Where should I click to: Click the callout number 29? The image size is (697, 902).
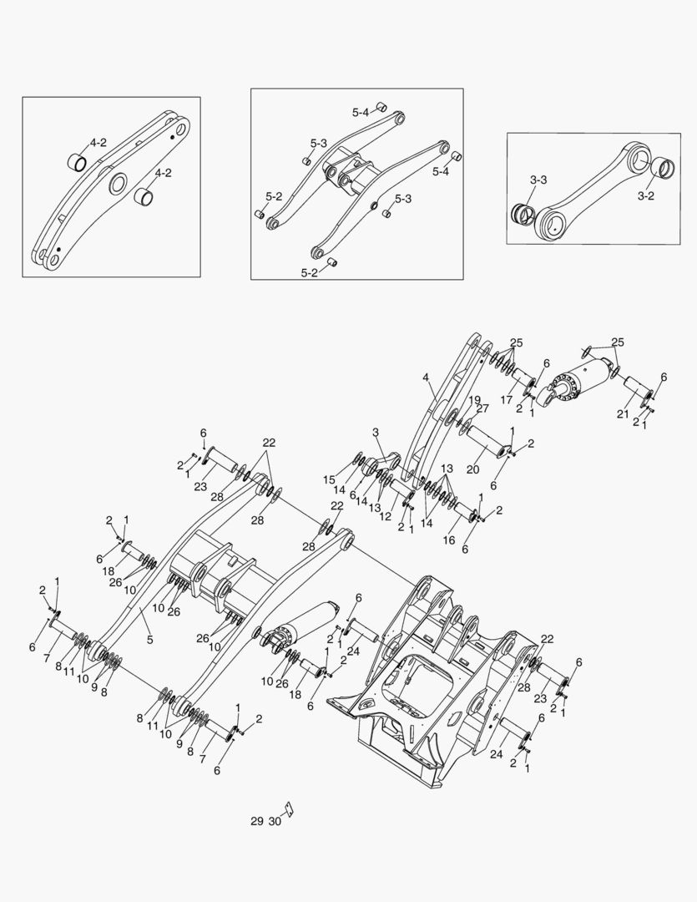pos(256,822)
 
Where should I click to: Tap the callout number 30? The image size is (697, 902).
pos(275,822)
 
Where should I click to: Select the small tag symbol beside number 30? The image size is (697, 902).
pos(289,809)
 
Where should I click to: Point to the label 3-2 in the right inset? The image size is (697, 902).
pos(645,196)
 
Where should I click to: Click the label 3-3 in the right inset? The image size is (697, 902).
pos(538,180)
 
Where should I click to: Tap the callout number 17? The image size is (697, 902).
pos(506,400)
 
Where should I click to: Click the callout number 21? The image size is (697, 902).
pos(623,415)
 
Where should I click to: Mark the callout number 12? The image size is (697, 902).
pos(386,517)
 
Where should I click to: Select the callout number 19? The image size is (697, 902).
pos(474,399)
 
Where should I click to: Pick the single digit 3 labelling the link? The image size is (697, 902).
pos(376,432)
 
